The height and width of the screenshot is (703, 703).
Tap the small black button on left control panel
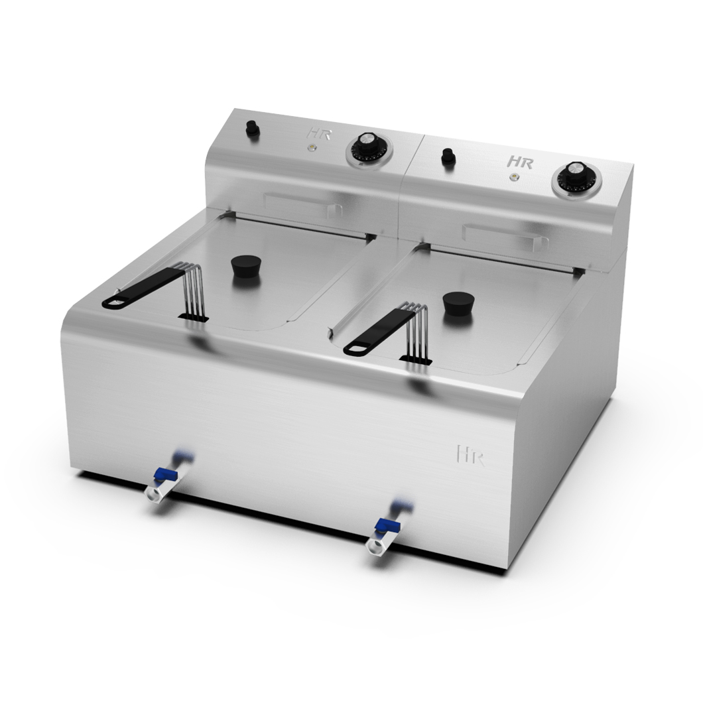pyautogui.click(x=252, y=128)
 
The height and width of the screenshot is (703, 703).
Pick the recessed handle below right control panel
pyautogui.click(x=500, y=235)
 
